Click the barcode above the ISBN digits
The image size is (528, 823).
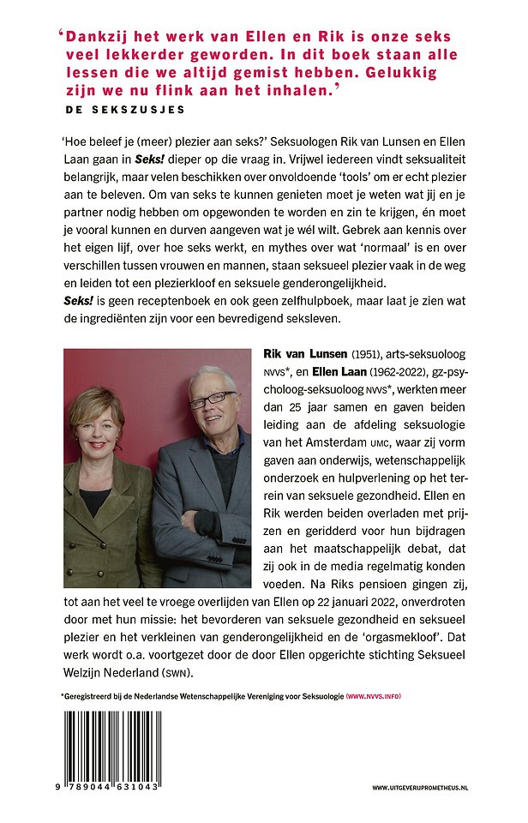111,745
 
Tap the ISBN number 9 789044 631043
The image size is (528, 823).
111,786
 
